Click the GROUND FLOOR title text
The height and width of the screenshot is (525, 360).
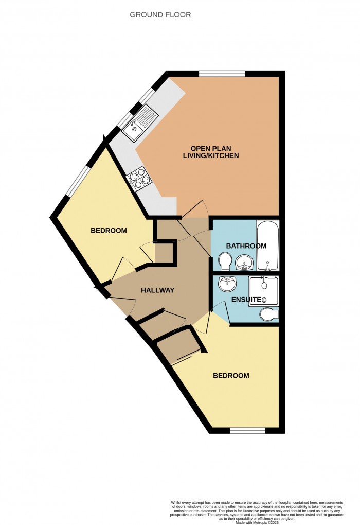tap(160, 15)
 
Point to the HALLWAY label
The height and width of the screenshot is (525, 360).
tap(158, 290)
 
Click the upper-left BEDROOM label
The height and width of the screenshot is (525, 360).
tap(109, 231)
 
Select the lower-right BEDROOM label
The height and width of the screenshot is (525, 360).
tap(231, 376)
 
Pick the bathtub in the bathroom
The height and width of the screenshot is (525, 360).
tap(267, 246)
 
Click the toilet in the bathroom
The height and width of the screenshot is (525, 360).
tap(224, 262)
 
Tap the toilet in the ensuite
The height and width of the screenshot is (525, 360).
tap(269, 313)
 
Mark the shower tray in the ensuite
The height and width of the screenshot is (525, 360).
tap(263, 291)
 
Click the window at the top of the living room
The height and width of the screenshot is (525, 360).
tap(222, 74)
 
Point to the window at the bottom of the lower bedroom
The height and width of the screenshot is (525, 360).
tap(247, 430)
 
